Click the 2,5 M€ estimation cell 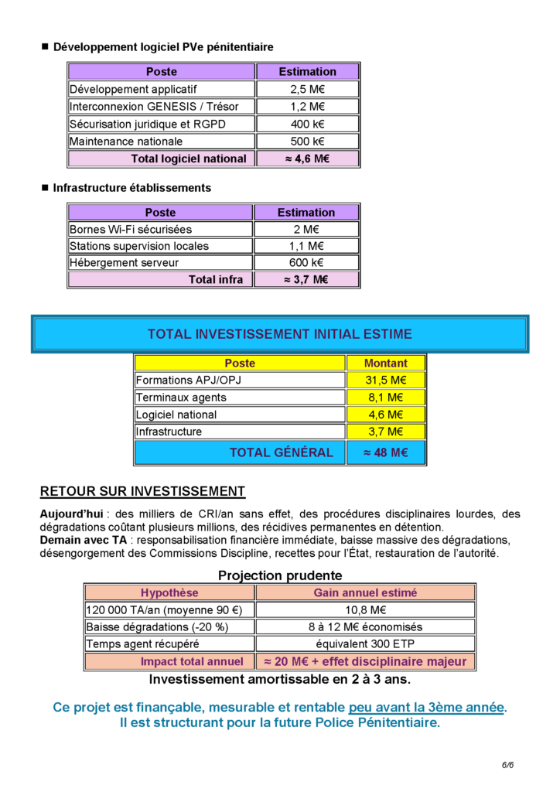pyautogui.click(x=306, y=89)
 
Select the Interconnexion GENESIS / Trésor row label pyautogui.click(x=154, y=107)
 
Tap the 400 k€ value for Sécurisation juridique pyautogui.click(x=306, y=124)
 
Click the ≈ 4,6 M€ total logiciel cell pyautogui.click(x=306, y=159)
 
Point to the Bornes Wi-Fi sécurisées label pyautogui.click(x=131, y=230)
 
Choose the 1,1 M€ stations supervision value pyautogui.click(x=306, y=247)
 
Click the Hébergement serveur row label pyautogui.click(x=125, y=263)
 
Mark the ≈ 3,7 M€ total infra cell pyautogui.click(x=306, y=280)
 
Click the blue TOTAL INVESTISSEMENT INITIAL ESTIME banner pyautogui.click(x=279, y=334)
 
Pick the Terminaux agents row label pyautogui.click(x=181, y=398)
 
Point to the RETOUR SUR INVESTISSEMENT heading pyautogui.click(x=142, y=491)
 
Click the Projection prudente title pyautogui.click(x=279, y=575)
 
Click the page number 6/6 pyautogui.click(x=507, y=765)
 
